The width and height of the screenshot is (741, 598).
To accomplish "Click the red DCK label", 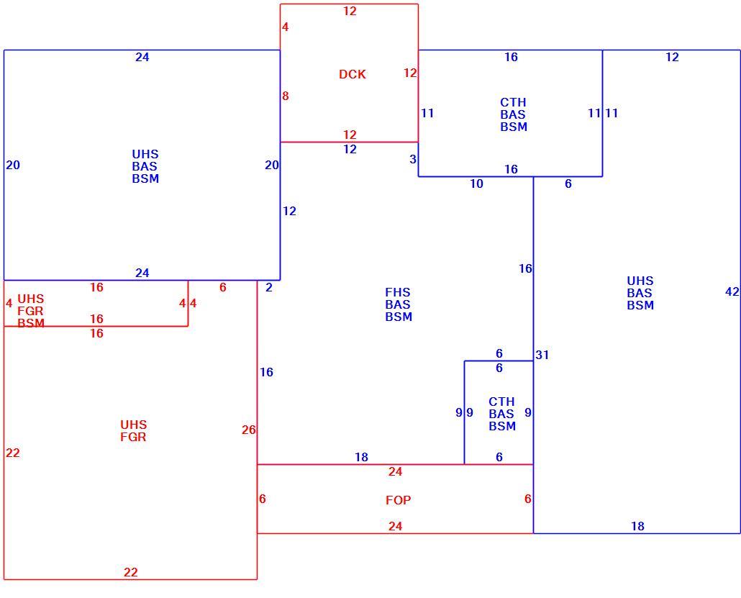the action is pos(352,74).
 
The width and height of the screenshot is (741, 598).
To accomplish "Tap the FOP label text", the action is pos(398,500).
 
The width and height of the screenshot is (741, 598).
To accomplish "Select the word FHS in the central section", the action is pos(397,293).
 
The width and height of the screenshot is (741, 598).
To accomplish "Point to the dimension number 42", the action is pos(732,292).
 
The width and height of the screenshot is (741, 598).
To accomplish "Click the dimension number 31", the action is pos(542,355).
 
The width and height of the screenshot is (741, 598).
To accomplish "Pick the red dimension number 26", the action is pos(249,430).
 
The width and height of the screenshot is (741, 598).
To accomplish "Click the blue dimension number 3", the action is pos(412,160).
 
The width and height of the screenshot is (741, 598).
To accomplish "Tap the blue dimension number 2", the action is pos(269,287).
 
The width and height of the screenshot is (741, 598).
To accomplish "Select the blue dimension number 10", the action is pos(476,184).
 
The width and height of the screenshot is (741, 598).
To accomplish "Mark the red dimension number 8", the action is pos(285,96).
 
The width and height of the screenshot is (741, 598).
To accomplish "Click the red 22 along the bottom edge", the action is pos(130,573).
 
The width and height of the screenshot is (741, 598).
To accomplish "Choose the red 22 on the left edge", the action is pos(13,453).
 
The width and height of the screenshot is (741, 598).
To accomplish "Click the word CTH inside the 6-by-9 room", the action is pos(501,402).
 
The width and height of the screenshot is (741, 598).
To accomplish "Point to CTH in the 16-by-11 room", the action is pos(513,103).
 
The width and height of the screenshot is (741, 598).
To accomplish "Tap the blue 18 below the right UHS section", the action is pos(637,526).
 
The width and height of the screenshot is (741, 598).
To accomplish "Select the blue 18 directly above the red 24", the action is pos(362,457).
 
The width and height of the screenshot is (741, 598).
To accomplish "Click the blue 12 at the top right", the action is pos(672,57).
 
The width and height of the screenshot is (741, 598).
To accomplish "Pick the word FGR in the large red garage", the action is pos(133,438).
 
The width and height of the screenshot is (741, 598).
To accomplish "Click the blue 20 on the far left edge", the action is pos(13,166).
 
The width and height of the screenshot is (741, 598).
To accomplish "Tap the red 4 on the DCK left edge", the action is pos(285,27).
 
